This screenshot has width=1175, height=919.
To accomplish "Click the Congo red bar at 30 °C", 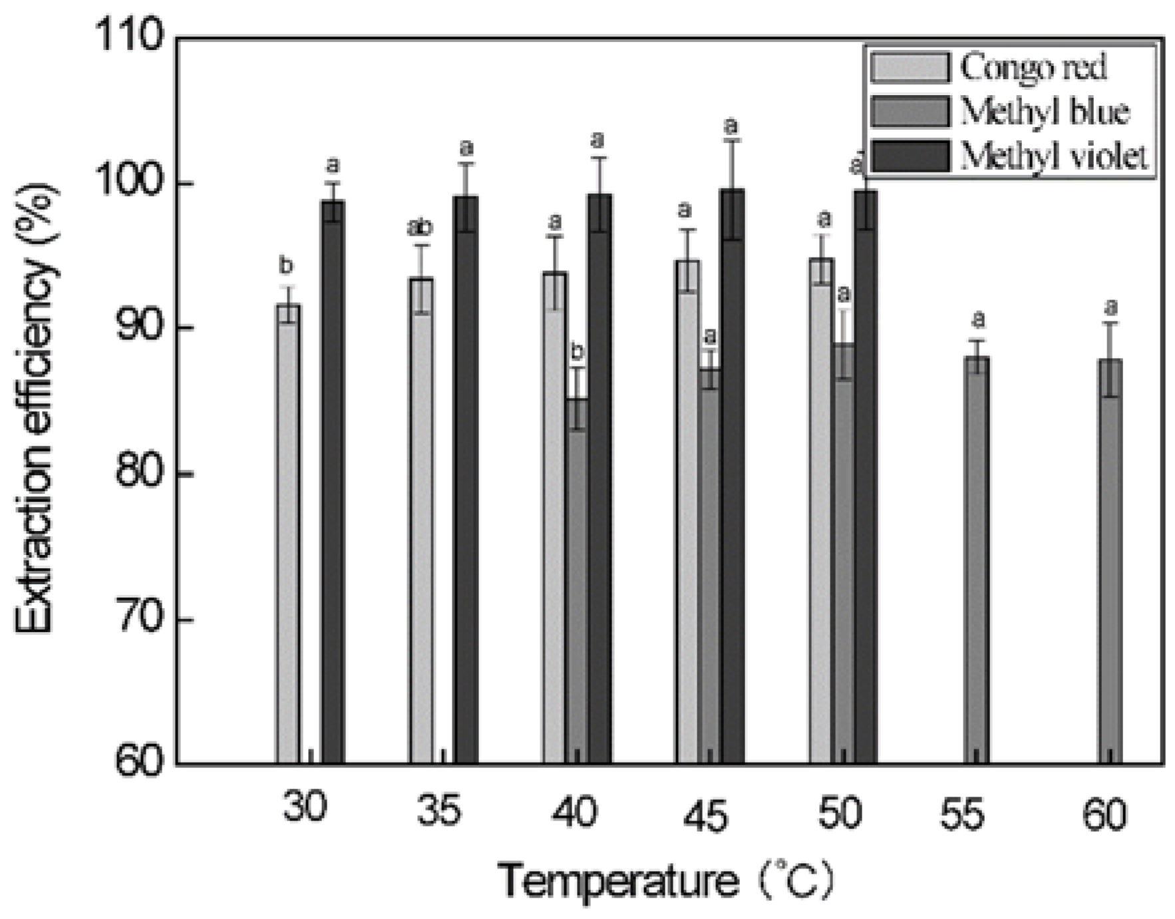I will point(288,532).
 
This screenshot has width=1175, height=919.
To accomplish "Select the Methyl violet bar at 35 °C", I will point(466,479).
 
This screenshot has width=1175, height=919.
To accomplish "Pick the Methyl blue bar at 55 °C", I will point(977,559).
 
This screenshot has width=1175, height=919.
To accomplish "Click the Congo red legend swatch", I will point(910,67).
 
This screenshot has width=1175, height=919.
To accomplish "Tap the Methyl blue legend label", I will point(1045,112).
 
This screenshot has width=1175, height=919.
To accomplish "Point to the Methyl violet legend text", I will point(1054,157).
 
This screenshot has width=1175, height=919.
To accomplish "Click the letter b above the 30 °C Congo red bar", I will point(286,266).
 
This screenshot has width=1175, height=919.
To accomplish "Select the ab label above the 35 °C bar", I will point(420,228).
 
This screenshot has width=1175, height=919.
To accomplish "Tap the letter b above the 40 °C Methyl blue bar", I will point(577,350).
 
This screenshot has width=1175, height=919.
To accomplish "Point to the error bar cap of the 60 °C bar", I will point(1110,323).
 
